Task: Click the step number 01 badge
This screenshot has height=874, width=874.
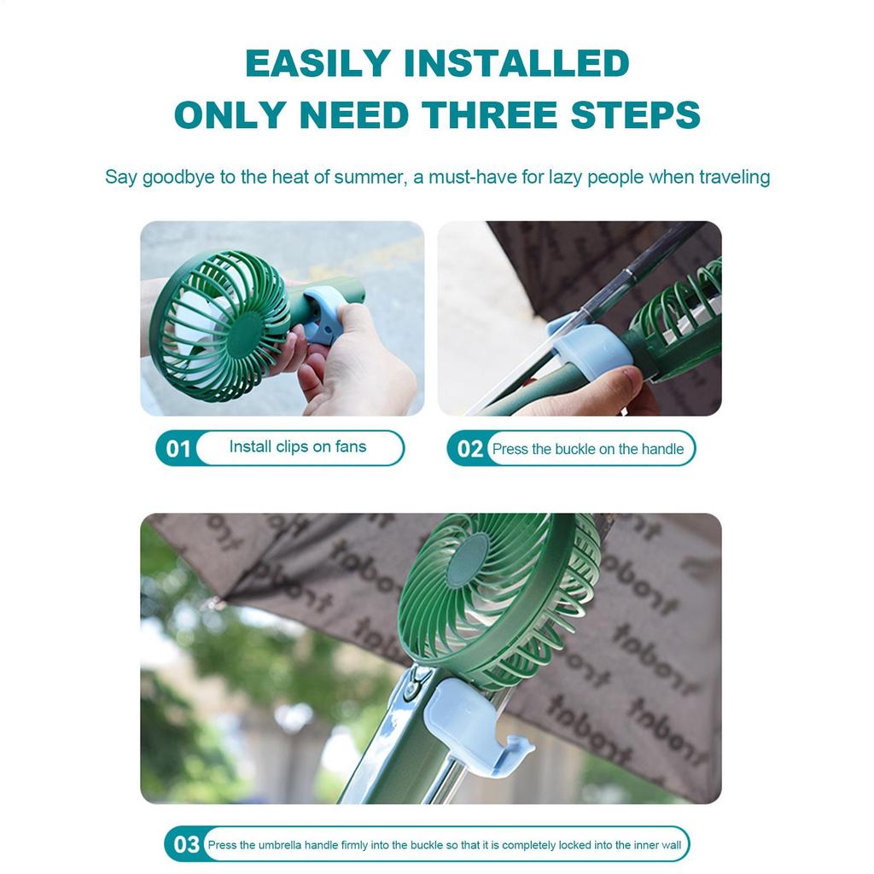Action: coord(178,449)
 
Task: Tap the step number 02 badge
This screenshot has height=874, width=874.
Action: coord(469,449)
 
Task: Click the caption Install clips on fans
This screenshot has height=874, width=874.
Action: coord(297,447)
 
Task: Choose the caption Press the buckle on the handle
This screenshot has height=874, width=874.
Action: coord(588,449)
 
